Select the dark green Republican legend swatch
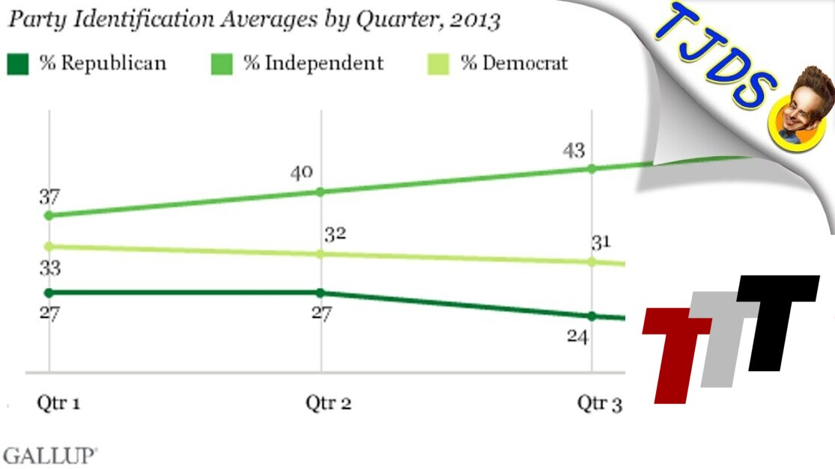(18, 64)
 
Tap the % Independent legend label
(313, 64)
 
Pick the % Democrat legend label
(514, 64)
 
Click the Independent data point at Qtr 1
(49, 215)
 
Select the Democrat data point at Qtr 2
(321, 254)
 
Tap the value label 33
(49, 269)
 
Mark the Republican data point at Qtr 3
(592, 316)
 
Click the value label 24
(577, 337)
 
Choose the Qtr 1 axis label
(58, 404)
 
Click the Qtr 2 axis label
(328, 404)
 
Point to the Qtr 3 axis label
(599, 404)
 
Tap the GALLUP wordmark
(50, 456)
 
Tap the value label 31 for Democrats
(601, 242)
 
